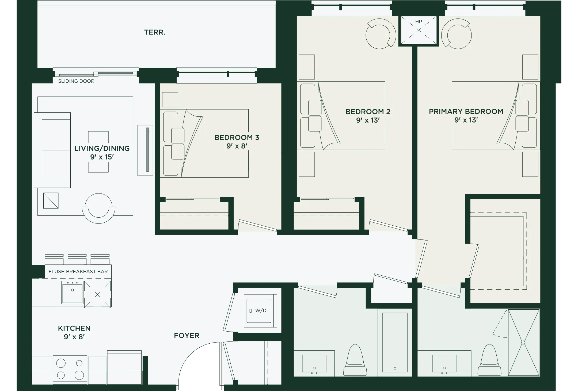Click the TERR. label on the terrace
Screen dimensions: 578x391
(x=155, y=32)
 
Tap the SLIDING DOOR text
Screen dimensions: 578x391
(x=76, y=81)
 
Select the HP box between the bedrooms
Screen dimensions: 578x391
(x=419, y=30)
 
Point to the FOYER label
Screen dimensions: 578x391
(x=187, y=336)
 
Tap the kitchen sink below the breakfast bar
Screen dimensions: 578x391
(x=72, y=292)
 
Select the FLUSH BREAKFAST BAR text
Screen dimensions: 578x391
(x=78, y=271)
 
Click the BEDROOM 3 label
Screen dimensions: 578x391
(x=237, y=138)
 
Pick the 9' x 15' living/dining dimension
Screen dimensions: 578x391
(x=102, y=157)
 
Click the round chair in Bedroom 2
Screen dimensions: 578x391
(x=381, y=34)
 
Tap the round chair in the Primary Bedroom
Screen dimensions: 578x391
(x=456, y=34)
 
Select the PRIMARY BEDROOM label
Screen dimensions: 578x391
(x=466, y=111)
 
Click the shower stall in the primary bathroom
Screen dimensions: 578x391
(x=523, y=343)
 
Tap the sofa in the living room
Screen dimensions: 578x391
(x=52, y=150)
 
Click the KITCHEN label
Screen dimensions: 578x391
(x=74, y=328)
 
